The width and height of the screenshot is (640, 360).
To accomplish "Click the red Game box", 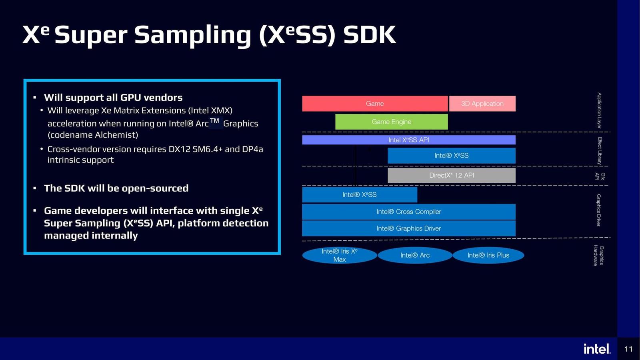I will (375, 104).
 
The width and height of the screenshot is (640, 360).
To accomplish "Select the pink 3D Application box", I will (482, 104).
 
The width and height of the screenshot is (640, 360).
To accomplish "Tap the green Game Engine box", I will (391, 122).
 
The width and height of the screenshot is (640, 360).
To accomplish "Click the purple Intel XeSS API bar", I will (408, 140).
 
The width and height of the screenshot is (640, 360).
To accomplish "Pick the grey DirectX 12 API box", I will (451, 175).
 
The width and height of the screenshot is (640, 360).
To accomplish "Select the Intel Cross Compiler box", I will (408, 212).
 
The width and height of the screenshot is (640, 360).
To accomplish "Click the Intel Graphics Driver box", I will (408, 228).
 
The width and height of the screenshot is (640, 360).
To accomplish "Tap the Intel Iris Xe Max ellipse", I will (339, 255).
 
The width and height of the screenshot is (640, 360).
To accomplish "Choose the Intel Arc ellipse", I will (415, 255).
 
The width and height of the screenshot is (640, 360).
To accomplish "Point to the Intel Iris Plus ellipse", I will (488, 255).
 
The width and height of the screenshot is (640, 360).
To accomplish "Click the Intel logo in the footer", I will (597, 349).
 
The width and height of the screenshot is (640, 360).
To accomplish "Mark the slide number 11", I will (628, 349).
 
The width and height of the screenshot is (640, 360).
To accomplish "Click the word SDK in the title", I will (370, 35).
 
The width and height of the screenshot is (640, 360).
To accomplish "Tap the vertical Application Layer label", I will (599, 110).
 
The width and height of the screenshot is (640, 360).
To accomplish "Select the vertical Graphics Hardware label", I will (598, 255).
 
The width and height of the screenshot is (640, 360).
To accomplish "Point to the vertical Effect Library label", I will (600, 151).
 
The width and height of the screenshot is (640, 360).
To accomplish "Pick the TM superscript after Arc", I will (215, 121).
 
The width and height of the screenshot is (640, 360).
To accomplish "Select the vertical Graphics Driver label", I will (599, 210).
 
